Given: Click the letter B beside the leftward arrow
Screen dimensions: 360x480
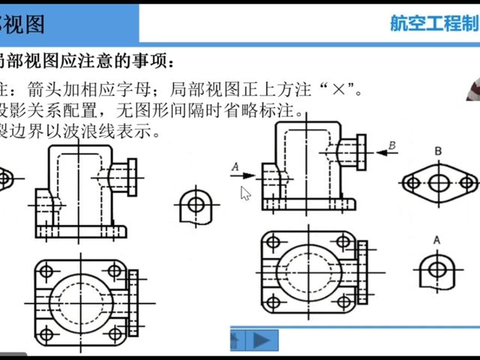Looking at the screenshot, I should [x=391, y=144].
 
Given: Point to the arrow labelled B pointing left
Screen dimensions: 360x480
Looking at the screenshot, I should [x=387, y=153].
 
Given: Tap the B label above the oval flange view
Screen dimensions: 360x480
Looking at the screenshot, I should [x=438, y=151].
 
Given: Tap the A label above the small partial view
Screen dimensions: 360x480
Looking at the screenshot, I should [x=436, y=239].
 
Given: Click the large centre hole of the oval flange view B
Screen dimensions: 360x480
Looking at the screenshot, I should [x=441, y=182].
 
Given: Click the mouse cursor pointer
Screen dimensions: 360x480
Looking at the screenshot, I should [x=244, y=193].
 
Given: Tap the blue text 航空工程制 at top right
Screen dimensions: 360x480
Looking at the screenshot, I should [x=433, y=23].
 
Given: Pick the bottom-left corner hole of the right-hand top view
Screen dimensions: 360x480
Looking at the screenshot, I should [x=273, y=302].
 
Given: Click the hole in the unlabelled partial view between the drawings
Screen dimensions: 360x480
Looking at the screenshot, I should [x=195, y=202].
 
